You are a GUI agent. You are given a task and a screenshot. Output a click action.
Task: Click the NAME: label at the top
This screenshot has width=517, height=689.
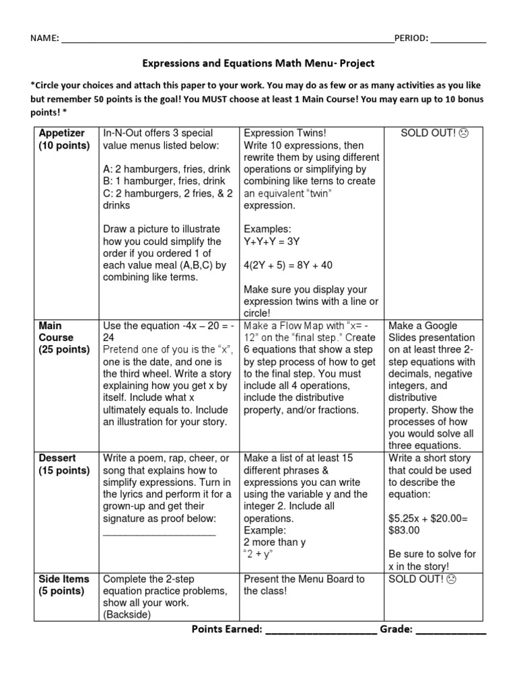coord(44,38)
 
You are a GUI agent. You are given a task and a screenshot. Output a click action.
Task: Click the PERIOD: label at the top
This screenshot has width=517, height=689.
coord(411,38)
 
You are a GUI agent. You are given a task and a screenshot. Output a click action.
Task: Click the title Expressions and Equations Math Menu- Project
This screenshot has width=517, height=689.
coord(258,63)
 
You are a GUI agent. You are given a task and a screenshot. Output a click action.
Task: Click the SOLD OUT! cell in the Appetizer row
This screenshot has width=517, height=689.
coord(434,133)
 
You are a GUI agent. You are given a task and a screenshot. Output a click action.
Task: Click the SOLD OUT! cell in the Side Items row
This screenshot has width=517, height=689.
coord(422,579)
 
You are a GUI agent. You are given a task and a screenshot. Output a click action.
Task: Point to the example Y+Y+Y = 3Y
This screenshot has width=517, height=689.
coord(271,241)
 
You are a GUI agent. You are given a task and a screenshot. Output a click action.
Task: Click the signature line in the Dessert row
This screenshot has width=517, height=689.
coord(159,532)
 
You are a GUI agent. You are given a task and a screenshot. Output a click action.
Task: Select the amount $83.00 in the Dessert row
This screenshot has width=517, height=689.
coord(404,530)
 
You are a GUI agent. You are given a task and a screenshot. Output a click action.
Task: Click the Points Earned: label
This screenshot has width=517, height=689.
coord(227,629)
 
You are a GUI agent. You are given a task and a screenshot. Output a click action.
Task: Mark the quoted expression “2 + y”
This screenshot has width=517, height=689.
coord(261,554)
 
